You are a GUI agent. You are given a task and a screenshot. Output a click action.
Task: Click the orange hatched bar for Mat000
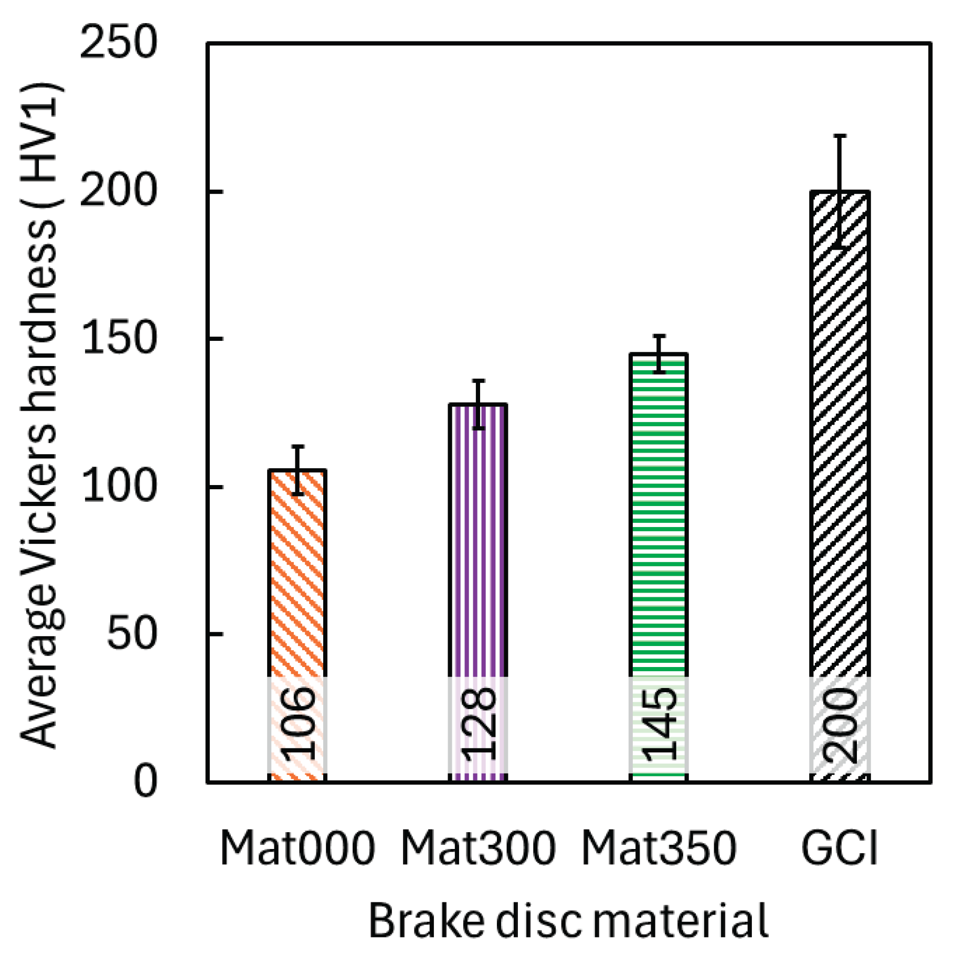tap(298, 572)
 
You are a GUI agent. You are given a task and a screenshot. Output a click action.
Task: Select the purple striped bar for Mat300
tap(477, 540)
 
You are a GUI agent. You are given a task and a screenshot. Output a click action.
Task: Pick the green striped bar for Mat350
tap(659, 514)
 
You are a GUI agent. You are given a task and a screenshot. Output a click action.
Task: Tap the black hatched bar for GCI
tap(840, 435)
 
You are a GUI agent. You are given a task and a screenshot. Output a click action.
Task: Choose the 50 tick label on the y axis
tap(131, 634)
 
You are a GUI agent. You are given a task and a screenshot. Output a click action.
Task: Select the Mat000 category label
tap(298, 848)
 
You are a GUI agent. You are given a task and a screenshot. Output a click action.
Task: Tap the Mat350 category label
tap(659, 848)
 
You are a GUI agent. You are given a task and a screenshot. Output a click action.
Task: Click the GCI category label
tap(840, 848)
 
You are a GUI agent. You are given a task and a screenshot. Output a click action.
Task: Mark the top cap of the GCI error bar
tap(840, 136)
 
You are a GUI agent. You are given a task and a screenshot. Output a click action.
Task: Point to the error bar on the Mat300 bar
tap(478, 404)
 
